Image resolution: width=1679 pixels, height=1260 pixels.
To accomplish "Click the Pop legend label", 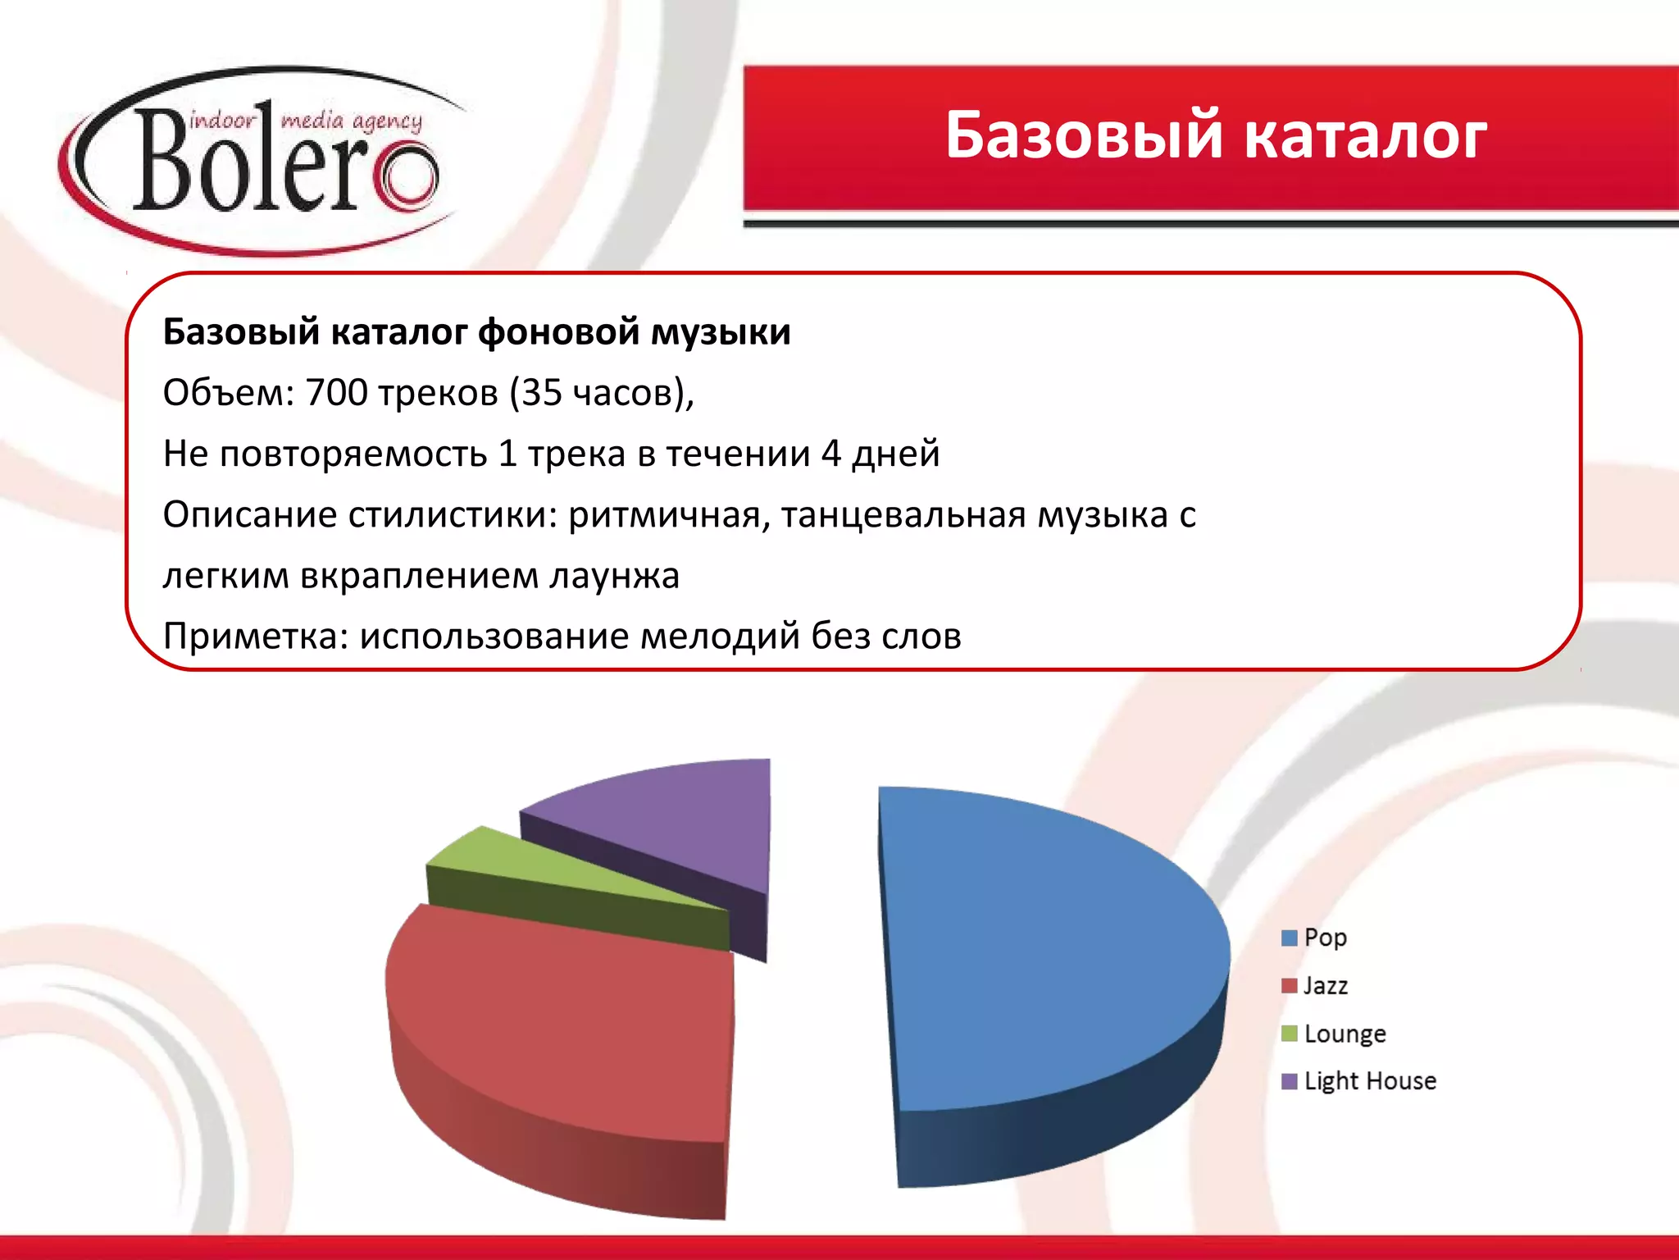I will (1325, 937).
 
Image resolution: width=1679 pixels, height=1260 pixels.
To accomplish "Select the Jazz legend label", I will (1325, 985).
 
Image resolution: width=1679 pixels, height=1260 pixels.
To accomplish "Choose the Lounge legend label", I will (1345, 1034).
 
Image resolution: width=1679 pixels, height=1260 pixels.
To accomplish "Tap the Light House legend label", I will (1369, 1081).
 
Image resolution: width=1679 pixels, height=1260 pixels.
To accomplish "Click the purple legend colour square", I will (1290, 1081).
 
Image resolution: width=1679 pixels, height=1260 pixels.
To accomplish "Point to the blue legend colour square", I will (1290, 938).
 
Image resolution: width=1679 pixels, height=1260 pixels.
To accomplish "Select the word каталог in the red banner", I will (1365, 135).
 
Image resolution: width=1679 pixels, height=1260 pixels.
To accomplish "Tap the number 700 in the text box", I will (336, 393).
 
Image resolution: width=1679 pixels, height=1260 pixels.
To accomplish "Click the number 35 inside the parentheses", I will (541, 393).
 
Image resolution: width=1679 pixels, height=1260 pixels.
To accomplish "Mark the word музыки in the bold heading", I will (721, 332).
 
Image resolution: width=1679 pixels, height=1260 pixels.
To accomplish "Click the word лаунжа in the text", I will (614, 576).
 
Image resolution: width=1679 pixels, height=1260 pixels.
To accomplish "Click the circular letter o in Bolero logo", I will (407, 176).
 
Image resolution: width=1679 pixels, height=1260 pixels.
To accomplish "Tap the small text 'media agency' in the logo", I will (352, 121).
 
